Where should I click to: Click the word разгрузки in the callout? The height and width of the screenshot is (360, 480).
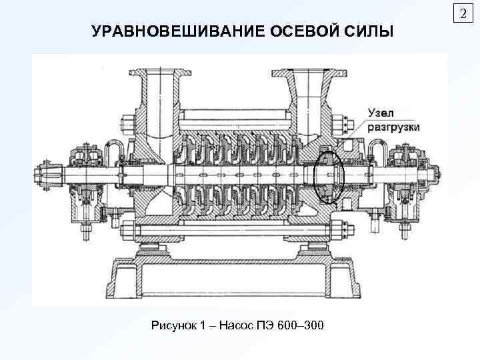coord(393,128)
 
